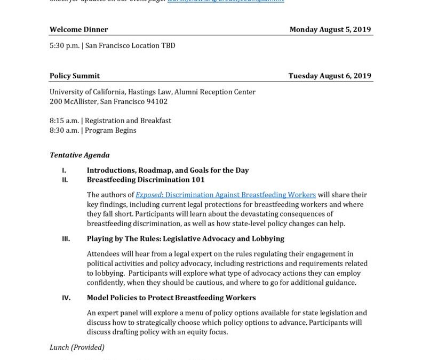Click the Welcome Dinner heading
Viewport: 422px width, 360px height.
pos(78,30)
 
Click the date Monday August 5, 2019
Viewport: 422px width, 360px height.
pos(330,30)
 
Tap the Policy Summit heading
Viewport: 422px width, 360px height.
pos(75,76)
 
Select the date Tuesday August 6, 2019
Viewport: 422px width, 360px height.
pos(330,76)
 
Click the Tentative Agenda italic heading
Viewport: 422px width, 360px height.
pos(79,155)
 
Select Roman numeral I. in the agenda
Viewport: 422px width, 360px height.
pos(64,171)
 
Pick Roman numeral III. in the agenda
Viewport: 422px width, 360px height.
pos(66,239)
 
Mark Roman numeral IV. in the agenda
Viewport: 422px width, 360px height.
pos(66,298)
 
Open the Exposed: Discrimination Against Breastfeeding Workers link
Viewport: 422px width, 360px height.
pos(226,195)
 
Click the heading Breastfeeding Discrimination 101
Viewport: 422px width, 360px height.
pos(146,180)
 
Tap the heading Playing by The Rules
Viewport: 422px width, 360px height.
pos(185,239)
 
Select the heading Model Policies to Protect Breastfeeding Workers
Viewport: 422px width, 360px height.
pos(171,298)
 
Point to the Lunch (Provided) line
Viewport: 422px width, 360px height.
pos(77,347)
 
